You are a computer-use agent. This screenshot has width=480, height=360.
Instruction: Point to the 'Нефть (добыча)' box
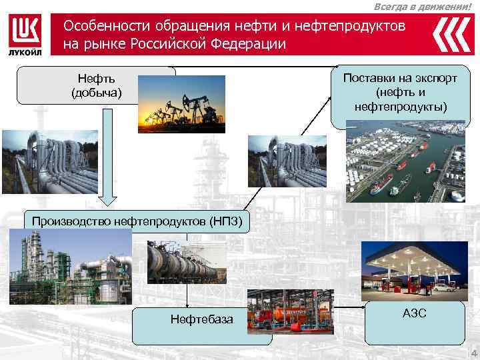(97, 86)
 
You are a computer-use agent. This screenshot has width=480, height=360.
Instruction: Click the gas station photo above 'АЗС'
(409, 267)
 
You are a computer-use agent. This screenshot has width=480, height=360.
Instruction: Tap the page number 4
(473, 353)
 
